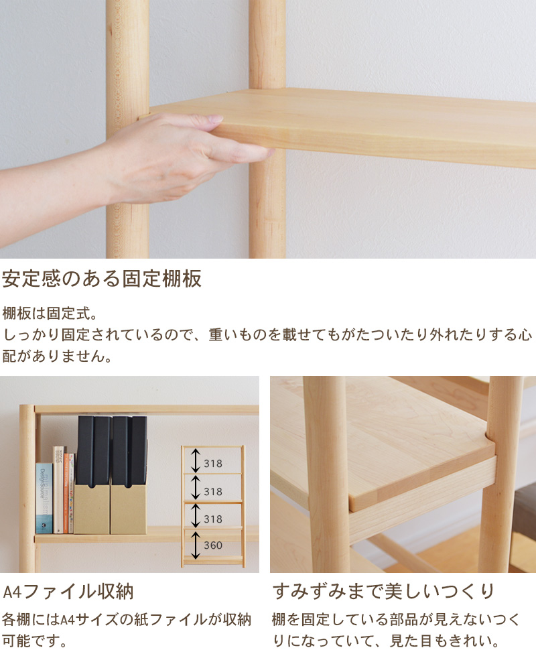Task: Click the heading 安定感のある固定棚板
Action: [102, 279]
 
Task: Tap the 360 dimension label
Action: [213, 545]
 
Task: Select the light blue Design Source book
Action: [44, 498]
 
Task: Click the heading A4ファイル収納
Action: [68, 592]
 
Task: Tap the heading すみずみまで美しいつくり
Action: [384, 591]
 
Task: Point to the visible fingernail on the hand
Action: [216, 119]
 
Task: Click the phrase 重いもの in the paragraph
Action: [238, 334]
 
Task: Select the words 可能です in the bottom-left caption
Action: [31, 641]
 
